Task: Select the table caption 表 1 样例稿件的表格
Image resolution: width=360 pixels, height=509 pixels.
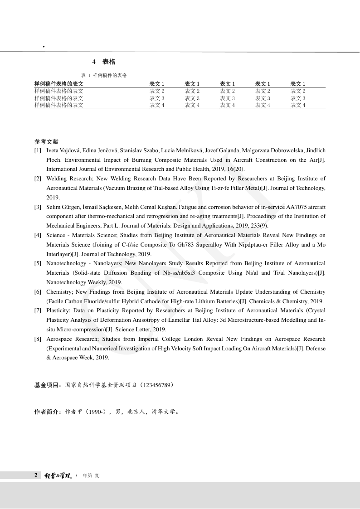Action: click(x=104, y=75)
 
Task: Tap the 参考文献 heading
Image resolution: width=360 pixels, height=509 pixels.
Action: click(x=46, y=141)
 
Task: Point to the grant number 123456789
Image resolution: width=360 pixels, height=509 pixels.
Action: click(x=157, y=385)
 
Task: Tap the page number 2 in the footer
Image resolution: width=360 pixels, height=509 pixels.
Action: click(x=36, y=475)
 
